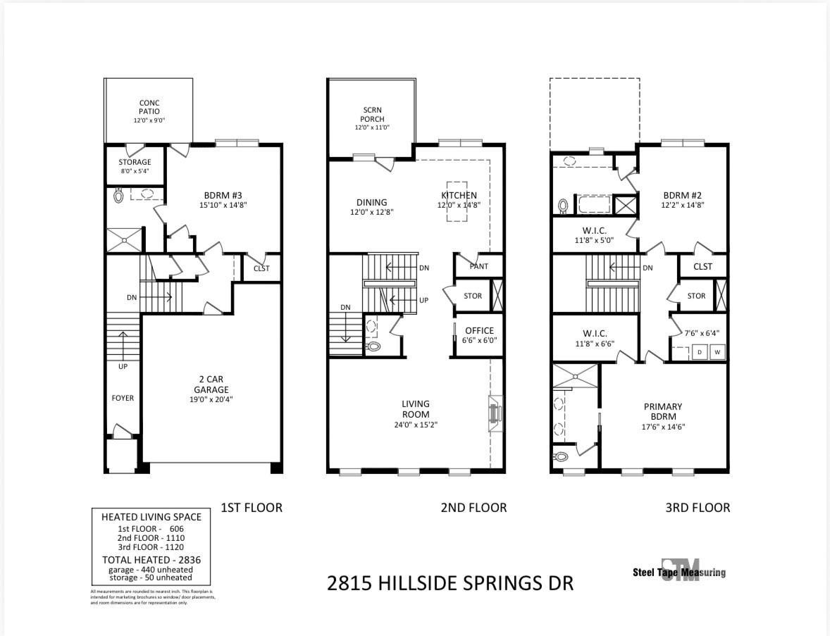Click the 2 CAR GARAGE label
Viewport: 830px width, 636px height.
click(212, 385)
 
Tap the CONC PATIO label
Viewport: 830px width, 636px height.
click(149, 107)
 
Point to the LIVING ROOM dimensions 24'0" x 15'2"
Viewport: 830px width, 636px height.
click(416, 425)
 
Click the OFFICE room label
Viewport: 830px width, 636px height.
click(479, 330)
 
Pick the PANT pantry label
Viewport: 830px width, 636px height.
click(479, 266)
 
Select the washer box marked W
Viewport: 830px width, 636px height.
click(717, 351)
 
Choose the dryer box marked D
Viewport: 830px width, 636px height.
click(700, 351)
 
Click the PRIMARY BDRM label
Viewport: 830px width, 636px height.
click(662, 411)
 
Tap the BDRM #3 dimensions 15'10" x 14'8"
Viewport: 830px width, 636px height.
click(222, 205)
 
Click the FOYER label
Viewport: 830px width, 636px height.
click(123, 398)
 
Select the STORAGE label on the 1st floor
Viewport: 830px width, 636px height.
click(134, 162)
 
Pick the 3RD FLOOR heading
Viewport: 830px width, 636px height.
click(698, 507)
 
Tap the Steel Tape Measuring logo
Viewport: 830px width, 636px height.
click(679, 572)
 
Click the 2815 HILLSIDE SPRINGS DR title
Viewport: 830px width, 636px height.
click(451, 583)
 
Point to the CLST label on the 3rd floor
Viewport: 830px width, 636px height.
click(702, 266)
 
